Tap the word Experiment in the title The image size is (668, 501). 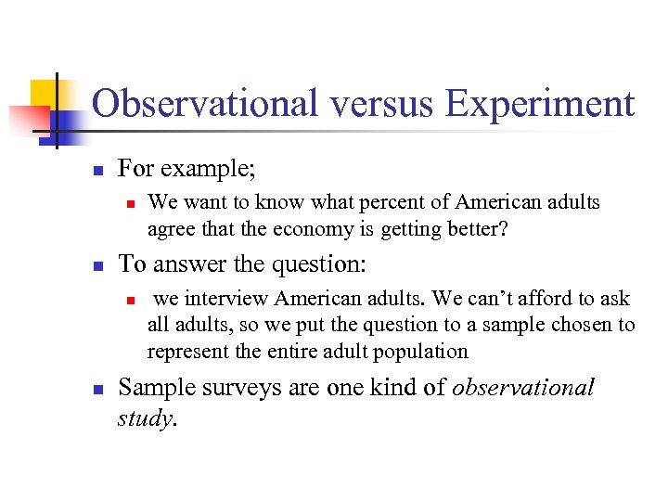coord(540,104)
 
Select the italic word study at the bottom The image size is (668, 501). coord(146,418)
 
